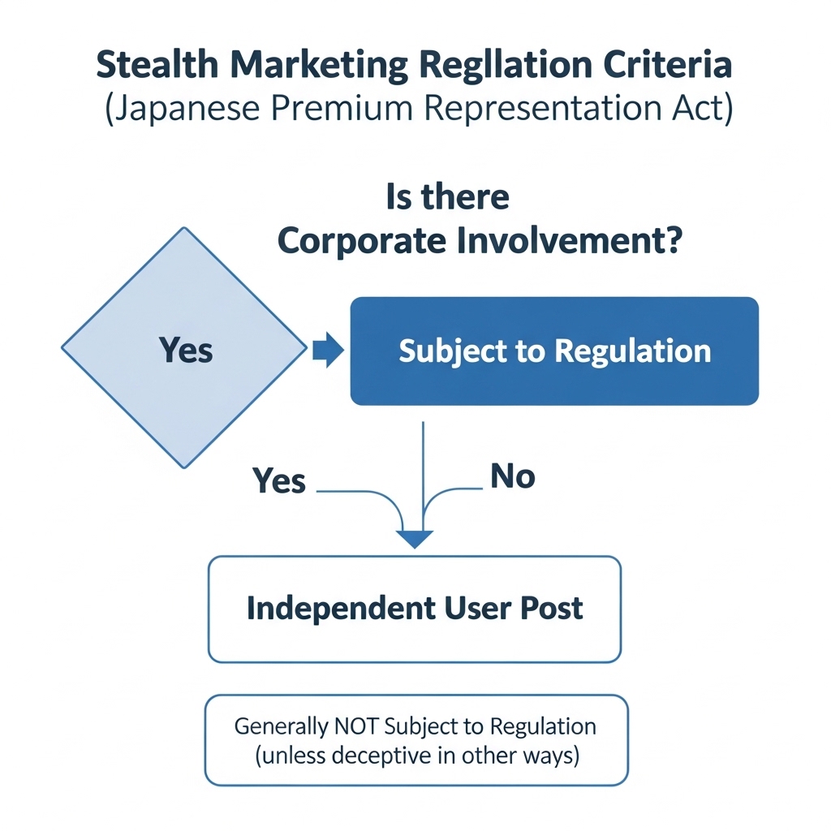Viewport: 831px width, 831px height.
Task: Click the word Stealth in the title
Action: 157,64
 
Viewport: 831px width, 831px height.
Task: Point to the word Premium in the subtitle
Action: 342,108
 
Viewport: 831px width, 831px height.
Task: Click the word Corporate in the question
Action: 362,242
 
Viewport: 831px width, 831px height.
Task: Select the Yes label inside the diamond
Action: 186,351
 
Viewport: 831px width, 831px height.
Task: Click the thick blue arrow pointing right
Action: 328,350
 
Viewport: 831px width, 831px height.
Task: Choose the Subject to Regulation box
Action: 554,351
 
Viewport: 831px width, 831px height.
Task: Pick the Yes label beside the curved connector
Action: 279,480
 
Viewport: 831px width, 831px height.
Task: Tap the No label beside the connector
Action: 513,476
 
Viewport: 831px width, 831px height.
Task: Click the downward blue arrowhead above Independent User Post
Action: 415,539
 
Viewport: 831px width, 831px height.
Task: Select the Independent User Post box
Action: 415,609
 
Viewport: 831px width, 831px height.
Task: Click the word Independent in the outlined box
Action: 341,609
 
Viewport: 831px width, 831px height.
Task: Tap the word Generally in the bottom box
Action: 282,727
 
